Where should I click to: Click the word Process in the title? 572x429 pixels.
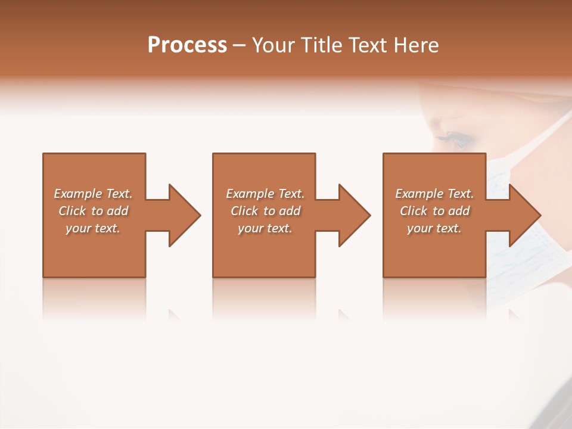click(187, 45)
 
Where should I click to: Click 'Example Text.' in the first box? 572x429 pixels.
click(93, 194)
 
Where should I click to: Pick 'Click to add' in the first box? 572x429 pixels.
click(93, 211)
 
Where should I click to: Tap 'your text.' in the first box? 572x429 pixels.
click(93, 228)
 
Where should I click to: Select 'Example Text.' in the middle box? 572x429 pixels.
click(265, 194)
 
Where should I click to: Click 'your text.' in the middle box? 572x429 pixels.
click(265, 228)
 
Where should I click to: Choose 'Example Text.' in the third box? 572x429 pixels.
click(434, 194)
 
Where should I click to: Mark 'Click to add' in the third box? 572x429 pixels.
click(434, 211)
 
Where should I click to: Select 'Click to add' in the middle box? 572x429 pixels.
click(265, 211)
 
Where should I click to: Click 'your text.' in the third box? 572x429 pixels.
click(434, 228)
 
